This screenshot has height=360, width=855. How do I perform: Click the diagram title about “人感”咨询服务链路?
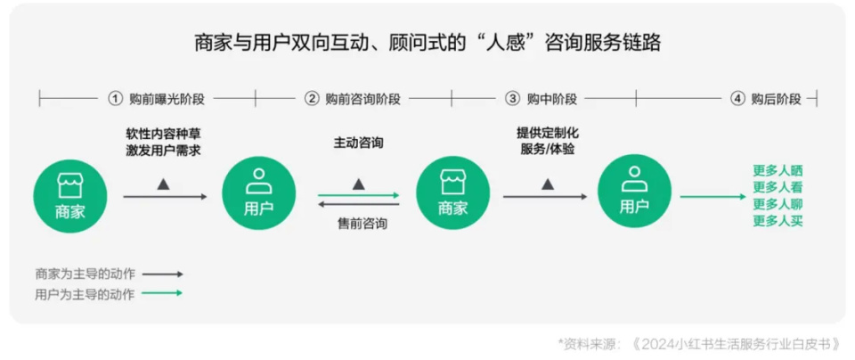click(x=427, y=43)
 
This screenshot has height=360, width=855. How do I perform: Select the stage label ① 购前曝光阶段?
click(x=157, y=99)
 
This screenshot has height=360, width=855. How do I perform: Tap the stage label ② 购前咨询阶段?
click(x=353, y=99)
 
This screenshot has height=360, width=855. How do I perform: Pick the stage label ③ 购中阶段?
click(x=541, y=99)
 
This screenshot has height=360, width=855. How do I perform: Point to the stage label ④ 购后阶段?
click(x=766, y=99)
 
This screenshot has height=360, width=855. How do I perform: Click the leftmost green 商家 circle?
click(x=70, y=195)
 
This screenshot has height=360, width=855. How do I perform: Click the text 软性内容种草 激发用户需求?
click(x=164, y=142)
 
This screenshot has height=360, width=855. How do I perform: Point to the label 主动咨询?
click(x=358, y=143)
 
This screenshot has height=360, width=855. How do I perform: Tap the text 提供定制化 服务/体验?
click(x=548, y=142)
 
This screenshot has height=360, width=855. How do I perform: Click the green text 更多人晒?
click(x=778, y=171)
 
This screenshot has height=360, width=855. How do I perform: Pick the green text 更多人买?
click(x=778, y=221)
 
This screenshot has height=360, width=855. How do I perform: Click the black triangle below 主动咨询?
click(x=358, y=184)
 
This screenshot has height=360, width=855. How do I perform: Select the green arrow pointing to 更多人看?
click(x=712, y=196)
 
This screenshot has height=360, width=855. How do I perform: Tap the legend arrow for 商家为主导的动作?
click(x=162, y=274)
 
